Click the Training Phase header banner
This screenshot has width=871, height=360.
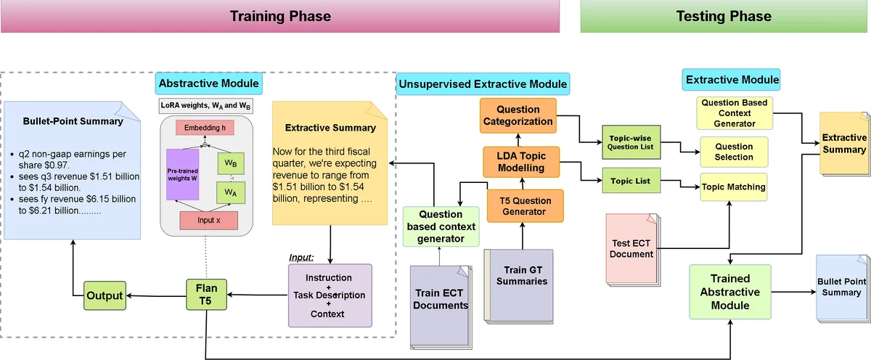tap(279, 16)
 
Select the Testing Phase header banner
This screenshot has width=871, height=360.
tap(724, 16)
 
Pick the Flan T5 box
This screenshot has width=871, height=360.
tap(207, 295)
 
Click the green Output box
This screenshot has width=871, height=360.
tap(105, 295)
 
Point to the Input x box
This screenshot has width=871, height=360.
tap(208, 220)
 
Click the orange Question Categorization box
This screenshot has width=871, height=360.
tap(518, 115)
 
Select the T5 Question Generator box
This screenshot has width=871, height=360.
tap(520, 205)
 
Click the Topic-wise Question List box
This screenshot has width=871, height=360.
tap(631, 142)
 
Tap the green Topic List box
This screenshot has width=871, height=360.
tap(631, 180)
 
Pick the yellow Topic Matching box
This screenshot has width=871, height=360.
tap(732, 187)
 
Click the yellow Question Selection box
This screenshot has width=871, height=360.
tap(733, 151)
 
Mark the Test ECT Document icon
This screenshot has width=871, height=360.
tap(631, 247)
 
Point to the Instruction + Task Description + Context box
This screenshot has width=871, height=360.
tap(330, 295)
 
